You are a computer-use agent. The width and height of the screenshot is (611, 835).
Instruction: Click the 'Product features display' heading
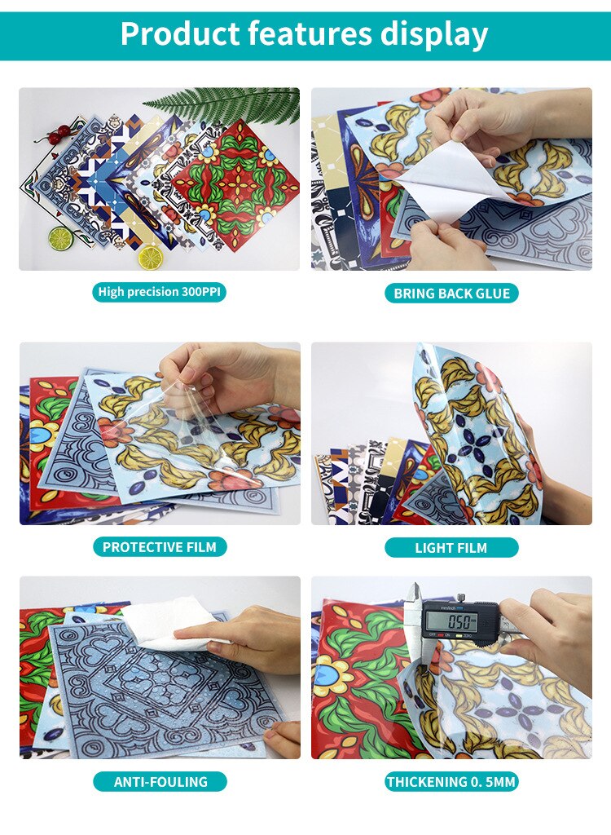point(304,34)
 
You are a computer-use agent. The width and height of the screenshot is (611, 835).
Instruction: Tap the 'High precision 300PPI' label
point(159,292)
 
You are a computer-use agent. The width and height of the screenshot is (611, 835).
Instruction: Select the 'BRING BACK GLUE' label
point(452,294)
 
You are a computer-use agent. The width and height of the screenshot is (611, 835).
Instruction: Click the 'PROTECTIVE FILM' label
point(160,547)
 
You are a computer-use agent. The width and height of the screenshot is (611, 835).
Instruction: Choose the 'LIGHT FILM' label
point(451,548)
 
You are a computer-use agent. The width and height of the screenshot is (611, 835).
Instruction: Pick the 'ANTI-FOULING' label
point(160,782)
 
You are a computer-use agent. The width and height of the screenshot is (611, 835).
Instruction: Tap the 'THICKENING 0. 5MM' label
point(451,782)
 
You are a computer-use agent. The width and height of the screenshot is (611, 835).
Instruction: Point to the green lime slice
point(60,238)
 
